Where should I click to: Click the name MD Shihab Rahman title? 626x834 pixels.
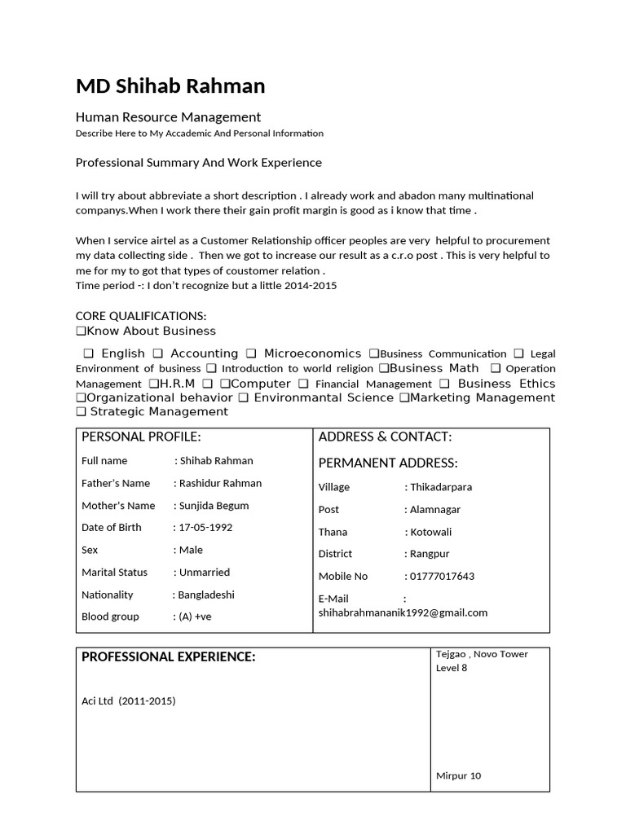(170, 86)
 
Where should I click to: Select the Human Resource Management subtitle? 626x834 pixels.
(168, 117)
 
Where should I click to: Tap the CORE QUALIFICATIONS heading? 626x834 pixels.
(141, 316)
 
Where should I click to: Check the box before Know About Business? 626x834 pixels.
(81, 331)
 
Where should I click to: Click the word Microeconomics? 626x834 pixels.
(311, 353)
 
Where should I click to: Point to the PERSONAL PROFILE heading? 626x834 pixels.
(141, 437)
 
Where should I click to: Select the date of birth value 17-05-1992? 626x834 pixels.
(206, 528)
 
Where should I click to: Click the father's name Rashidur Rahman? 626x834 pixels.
(221, 484)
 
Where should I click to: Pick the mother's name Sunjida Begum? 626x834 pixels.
(214, 506)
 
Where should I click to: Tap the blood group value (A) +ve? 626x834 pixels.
(196, 617)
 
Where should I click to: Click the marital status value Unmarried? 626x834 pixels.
(205, 573)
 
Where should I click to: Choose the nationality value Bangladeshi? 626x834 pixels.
(207, 595)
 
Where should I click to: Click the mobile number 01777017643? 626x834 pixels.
(443, 577)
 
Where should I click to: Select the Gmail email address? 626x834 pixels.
(403, 612)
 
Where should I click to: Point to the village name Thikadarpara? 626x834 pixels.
(442, 487)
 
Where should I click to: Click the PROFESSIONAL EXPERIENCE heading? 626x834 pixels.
(169, 657)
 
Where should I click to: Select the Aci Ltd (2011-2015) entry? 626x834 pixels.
(129, 701)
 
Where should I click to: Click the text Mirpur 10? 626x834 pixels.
(459, 775)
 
